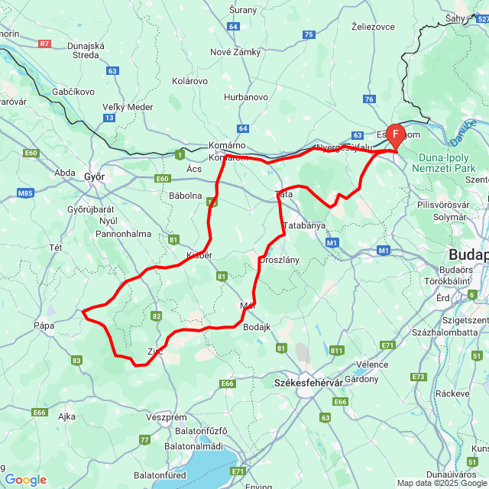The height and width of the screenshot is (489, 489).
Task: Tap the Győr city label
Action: tap(94, 176)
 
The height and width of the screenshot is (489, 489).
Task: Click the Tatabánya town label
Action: tap(304, 225)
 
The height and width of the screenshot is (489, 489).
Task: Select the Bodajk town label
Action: tap(257, 327)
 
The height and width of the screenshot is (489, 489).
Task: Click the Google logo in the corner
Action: tap(25, 480)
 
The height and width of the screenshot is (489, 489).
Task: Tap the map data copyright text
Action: tap(442, 483)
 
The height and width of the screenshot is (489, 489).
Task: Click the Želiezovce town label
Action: tap(372, 26)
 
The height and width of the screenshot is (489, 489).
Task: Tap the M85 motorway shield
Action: tap(26, 193)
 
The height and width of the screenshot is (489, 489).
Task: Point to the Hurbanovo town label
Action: tap(246, 97)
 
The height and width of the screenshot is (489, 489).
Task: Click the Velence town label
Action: tap(372, 364)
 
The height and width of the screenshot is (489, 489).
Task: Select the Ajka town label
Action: tap(66, 416)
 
